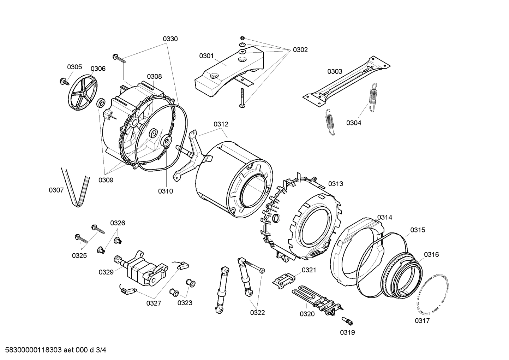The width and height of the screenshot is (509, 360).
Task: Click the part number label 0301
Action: pyautogui.click(x=206, y=55)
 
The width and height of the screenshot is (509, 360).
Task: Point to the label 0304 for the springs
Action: pyautogui.click(x=353, y=123)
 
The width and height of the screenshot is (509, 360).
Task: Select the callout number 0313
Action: pyautogui.click(x=335, y=184)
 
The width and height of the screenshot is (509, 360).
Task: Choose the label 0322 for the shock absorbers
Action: pyautogui.click(x=257, y=312)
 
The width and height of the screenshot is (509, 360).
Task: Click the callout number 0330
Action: pyautogui.click(x=170, y=39)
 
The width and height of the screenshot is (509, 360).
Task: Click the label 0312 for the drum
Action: pyautogui.click(x=221, y=124)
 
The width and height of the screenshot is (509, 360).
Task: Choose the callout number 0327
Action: pyautogui.click(x=154, y=303)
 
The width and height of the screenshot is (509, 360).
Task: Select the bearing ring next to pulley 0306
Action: pyautogui.click(x=101, y=104)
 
